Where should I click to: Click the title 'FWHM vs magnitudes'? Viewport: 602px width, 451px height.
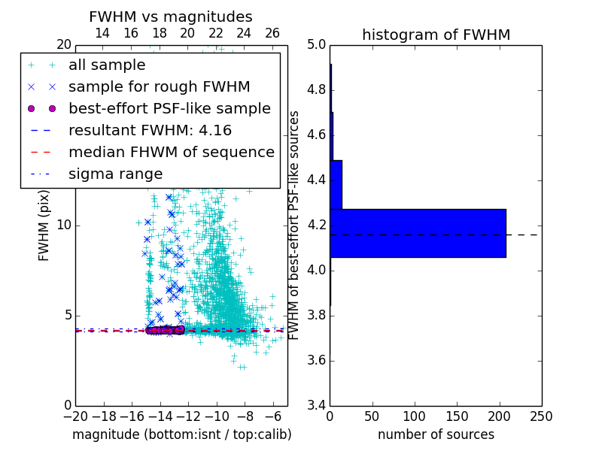pyautogui.click(x=171, y=17)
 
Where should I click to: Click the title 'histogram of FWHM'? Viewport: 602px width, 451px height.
pyautogui.click(x=436, y=35)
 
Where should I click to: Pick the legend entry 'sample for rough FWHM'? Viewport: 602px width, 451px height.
pyautogui.click(x=159, y=87)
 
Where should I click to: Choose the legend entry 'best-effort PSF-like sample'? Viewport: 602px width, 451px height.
pyautogui.click(x=169, y=109)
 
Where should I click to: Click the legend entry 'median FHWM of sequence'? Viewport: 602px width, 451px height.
pyautogui.click(x=171, y=153)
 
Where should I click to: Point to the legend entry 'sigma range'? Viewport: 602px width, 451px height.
pyautogui.click(x=115, y=174)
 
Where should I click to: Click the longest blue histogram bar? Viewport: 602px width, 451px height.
pyautogui.click(x=418, y=233)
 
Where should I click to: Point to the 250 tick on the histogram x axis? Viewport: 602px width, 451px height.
pyautogui.click(x=541, y=416)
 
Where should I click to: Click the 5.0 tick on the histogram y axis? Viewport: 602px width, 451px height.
pyautogui.click(x=317, y=45)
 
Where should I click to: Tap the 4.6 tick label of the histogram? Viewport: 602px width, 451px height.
pyautogui.click(x=317, y=135)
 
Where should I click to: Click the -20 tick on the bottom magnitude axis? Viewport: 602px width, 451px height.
pyautogui.click(x=75, y=416)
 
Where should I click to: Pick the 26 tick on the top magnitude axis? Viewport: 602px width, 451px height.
pyautogui.click(x=272, y=34)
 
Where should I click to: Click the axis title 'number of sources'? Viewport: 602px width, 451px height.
pyautogui.click(x=436, y=434)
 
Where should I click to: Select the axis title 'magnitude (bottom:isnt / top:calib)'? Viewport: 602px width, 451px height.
pyautogui.click(x=181, y=434)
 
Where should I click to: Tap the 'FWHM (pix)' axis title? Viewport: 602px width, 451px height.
pyautogui.click(x=44, y=225)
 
